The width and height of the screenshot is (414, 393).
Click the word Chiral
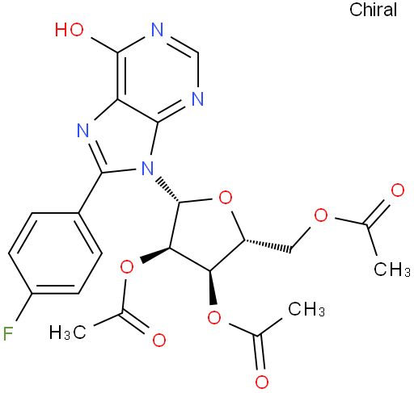[373, 10]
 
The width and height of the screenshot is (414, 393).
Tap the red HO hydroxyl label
[70, 29]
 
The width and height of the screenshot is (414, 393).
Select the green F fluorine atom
[8, 333]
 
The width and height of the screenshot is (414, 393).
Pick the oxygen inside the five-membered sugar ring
[226, 198]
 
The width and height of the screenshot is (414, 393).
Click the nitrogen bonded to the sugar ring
[147, 169]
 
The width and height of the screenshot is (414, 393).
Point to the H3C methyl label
[67, 332]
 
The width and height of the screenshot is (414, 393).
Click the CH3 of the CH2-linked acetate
[392, 269]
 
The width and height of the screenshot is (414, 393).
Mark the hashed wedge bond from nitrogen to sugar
[167, 189]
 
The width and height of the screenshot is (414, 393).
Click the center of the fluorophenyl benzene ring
[55, 253]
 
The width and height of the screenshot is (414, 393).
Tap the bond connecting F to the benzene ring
[24, 307]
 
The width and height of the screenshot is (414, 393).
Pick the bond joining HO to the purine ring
[104, 45]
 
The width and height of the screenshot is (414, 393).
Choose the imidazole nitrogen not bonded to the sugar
[83, 130]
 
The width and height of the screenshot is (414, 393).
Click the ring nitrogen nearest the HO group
[158, 29]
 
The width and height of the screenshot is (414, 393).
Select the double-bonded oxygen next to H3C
[159, 340]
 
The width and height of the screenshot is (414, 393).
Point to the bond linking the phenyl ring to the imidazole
[90, 193]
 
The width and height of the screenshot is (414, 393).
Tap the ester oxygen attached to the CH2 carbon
[321, 215]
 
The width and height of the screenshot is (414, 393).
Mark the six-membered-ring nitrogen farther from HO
[198, 99]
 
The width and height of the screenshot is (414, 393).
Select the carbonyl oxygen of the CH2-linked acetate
[398, 190]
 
